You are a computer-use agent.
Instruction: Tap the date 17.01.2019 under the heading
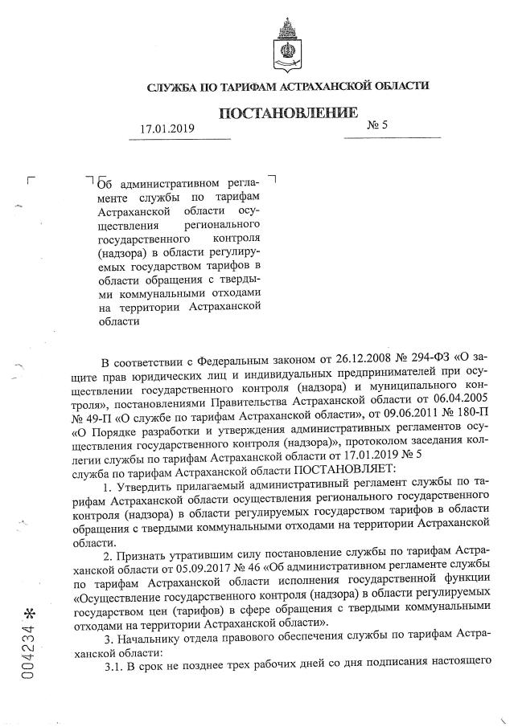[167, 128]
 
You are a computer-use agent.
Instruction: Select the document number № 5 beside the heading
[377, 125]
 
